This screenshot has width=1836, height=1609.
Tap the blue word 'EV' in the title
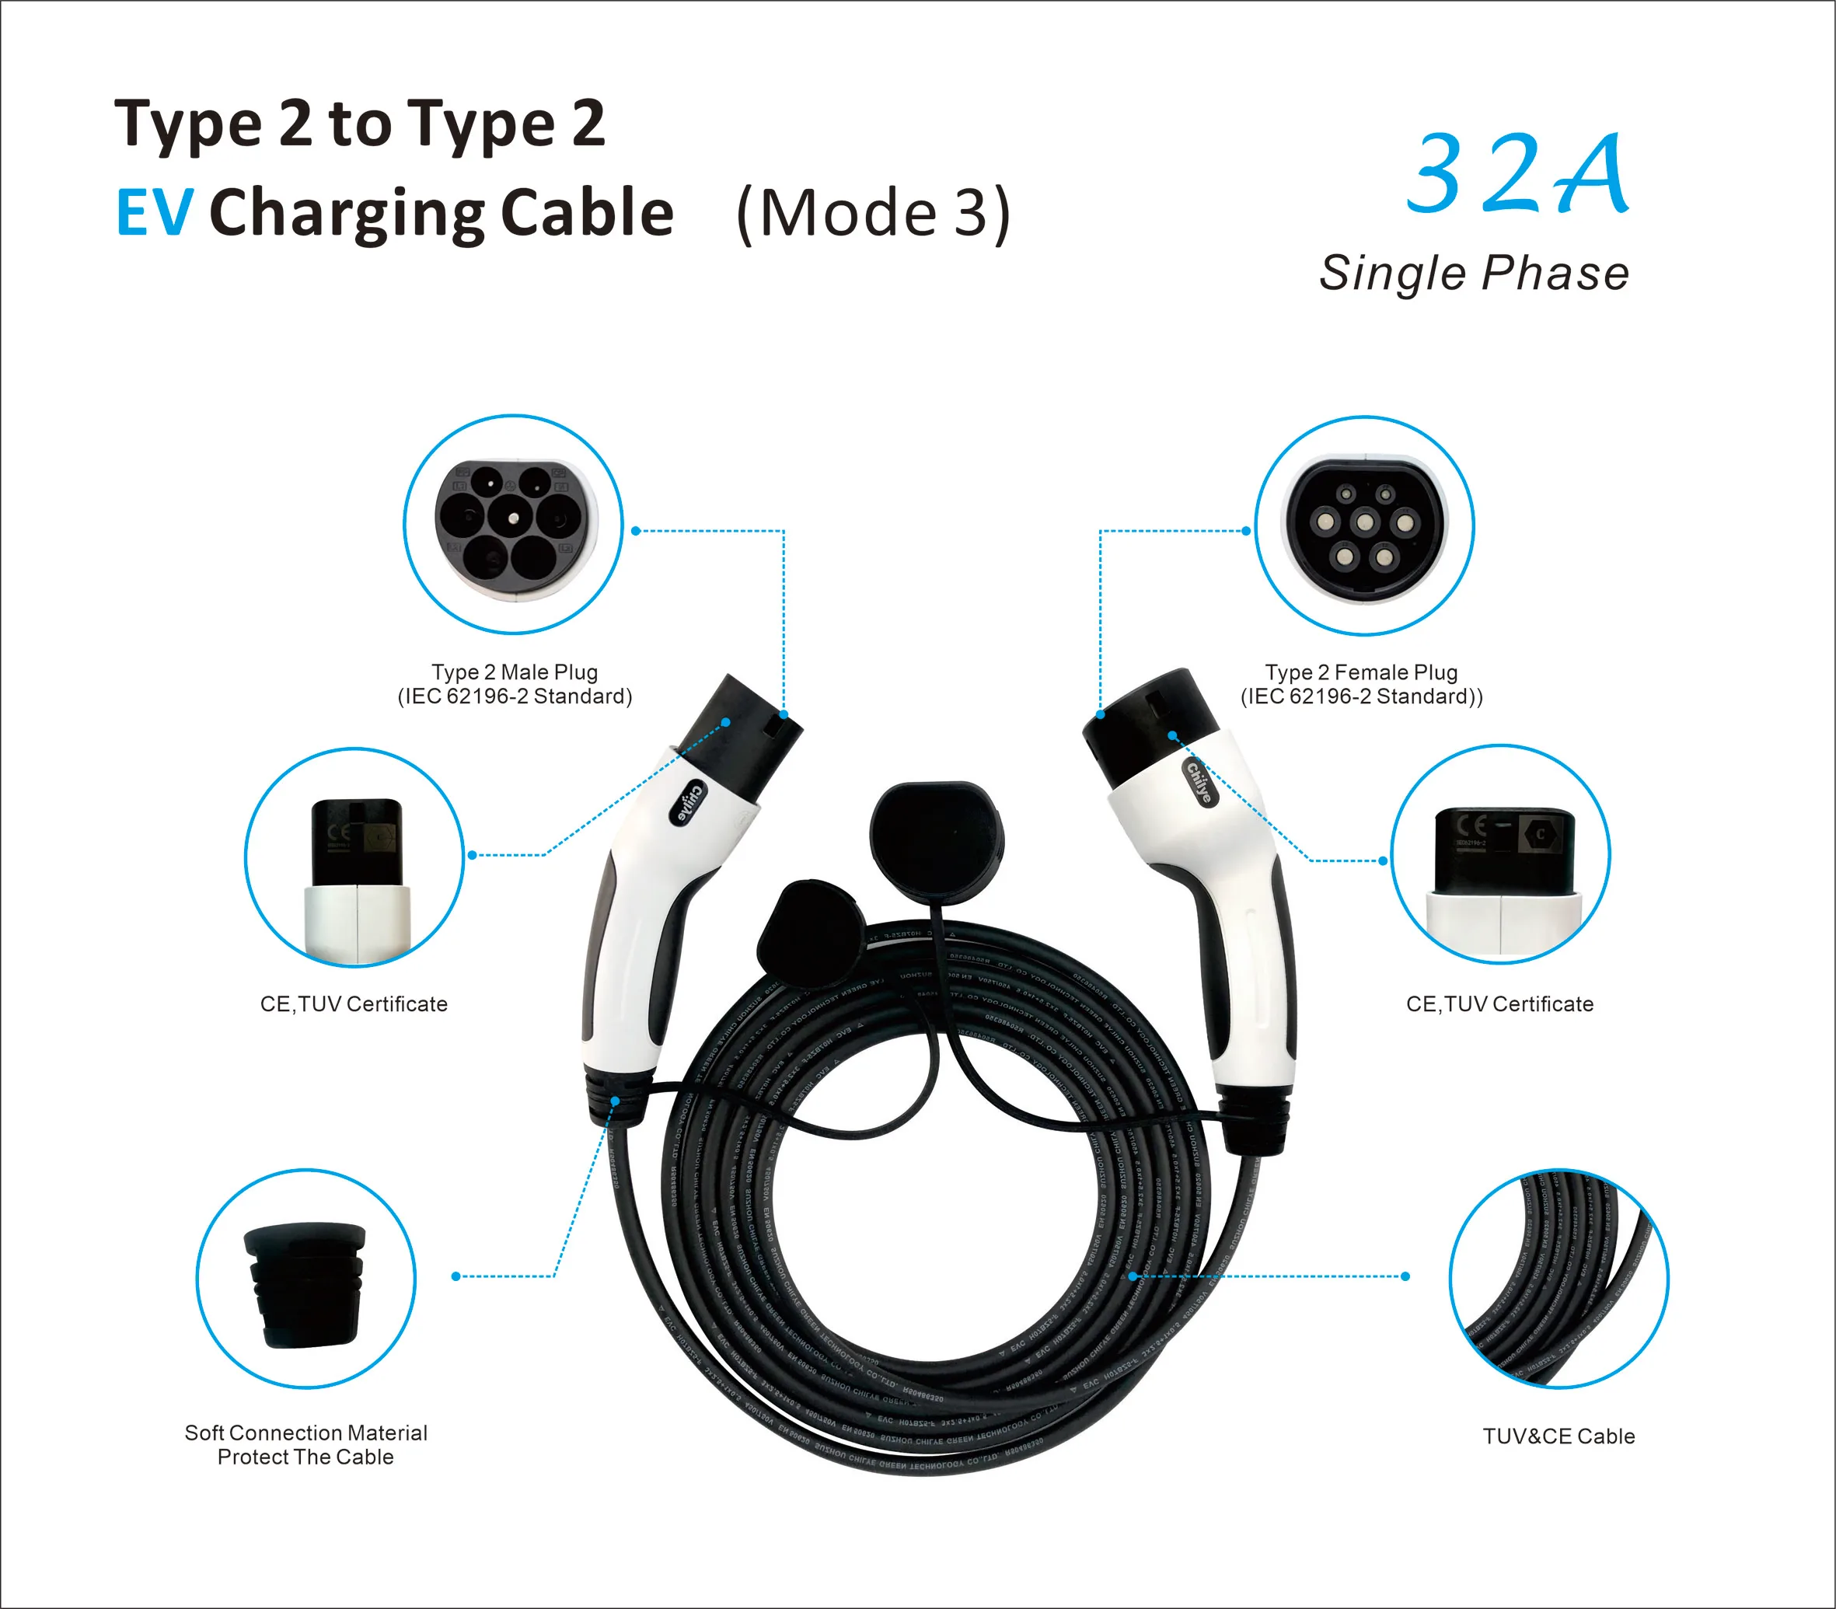pos(155,213)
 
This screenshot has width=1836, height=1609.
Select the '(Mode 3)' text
pos(873,214)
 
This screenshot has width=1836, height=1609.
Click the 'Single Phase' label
pos(1473,273)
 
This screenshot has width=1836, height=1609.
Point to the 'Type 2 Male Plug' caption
pos(515,672)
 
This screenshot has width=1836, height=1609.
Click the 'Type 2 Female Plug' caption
pos(1361,672)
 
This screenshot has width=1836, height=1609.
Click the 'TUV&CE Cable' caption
pos(1559,1436)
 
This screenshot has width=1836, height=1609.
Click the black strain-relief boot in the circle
pos(305,1285)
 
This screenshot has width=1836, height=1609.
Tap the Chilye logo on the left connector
pos(689,802)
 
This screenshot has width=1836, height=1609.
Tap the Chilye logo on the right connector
pos(1199,781)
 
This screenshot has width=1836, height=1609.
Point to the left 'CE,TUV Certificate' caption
pos(354,1003)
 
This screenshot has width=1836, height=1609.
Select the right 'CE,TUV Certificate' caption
pos(1499,1003)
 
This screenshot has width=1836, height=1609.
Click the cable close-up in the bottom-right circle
pos(1559,1279)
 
